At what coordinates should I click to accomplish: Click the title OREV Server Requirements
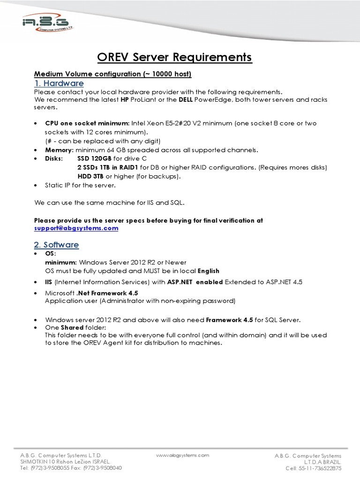pyautogui.click(x=174, y=57)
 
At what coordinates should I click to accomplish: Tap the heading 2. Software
pyautogui.click(x=56, y=245)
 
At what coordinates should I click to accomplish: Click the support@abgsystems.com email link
pyautogui.click(x=76, y=228)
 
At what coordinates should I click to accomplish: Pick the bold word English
pyautogui.click(x=209, y=271)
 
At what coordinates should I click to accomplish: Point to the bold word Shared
pyautogui.click(x=71, y=328)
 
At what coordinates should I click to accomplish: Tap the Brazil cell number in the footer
pyautogui.click(x=314, y=468)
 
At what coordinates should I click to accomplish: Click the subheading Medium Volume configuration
pyautogui.click(x=113, y=74)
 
